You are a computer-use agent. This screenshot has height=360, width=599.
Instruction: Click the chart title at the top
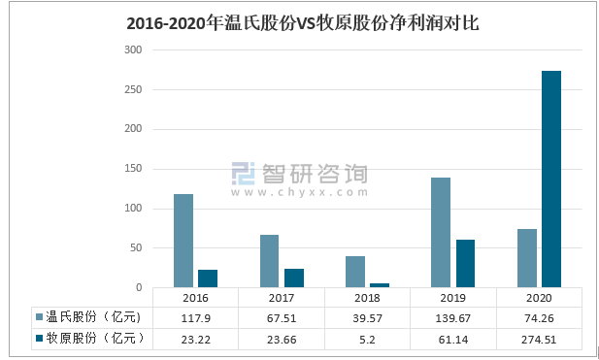302,22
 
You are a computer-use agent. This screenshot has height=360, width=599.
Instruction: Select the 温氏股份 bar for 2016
183,241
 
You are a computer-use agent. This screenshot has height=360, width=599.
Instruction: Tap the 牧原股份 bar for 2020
551,180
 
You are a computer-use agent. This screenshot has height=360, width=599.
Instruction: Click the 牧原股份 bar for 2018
380,285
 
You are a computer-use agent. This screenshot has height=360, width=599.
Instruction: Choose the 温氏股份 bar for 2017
269,261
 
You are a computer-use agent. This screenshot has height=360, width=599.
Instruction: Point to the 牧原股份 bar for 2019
465,264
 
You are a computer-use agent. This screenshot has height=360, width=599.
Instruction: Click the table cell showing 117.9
195,317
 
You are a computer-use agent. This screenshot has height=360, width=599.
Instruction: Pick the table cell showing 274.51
539,338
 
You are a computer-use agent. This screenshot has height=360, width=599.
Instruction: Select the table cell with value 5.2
367,338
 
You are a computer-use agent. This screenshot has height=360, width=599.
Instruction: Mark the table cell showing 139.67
453,317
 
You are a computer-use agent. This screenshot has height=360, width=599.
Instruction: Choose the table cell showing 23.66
282,338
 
